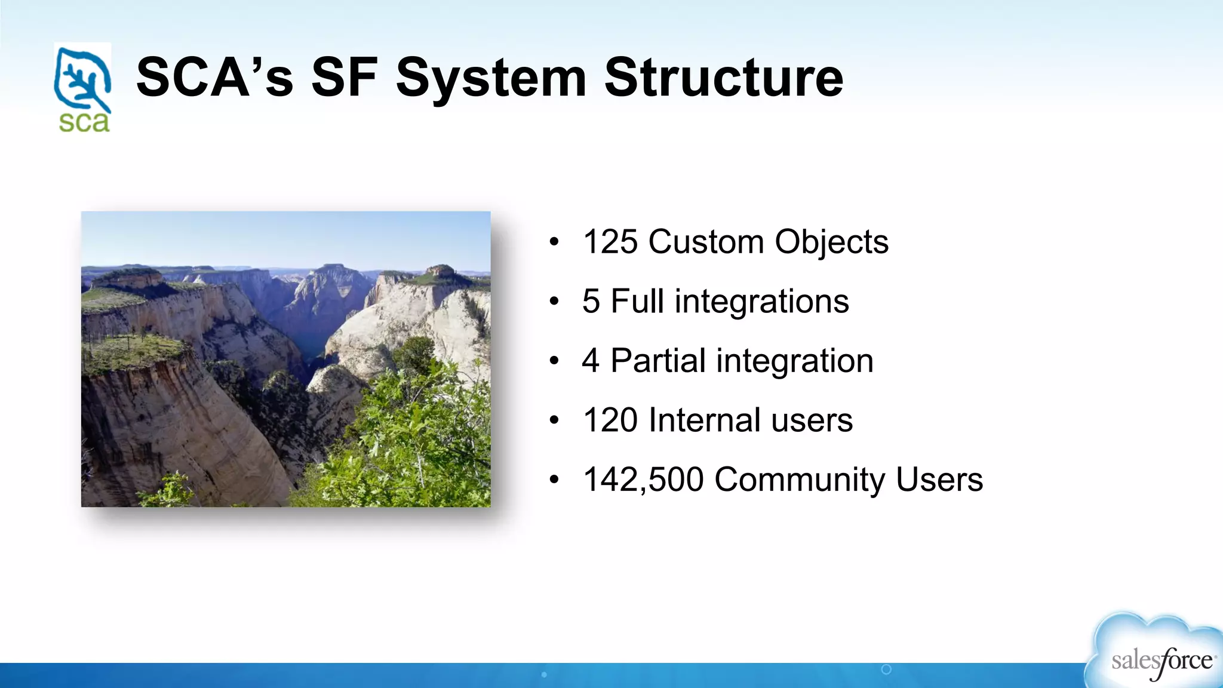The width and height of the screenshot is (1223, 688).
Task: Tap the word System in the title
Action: coord(491,78)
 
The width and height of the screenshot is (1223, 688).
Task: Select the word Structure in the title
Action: coord(724,78)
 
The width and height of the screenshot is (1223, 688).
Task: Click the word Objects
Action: coord(831,242)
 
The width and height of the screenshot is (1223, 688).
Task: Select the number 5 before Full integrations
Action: coord(591,301)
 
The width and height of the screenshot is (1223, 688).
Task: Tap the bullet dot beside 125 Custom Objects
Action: coord(554,242)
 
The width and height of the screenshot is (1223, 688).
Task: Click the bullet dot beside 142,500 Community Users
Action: coord(554,480)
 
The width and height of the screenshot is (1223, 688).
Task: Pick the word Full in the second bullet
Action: coord(637,301)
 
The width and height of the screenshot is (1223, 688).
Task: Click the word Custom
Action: coord(706,242)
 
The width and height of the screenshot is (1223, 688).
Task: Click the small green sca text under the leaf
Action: coord(84,122)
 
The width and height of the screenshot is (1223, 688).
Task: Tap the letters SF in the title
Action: coord(345,78)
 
